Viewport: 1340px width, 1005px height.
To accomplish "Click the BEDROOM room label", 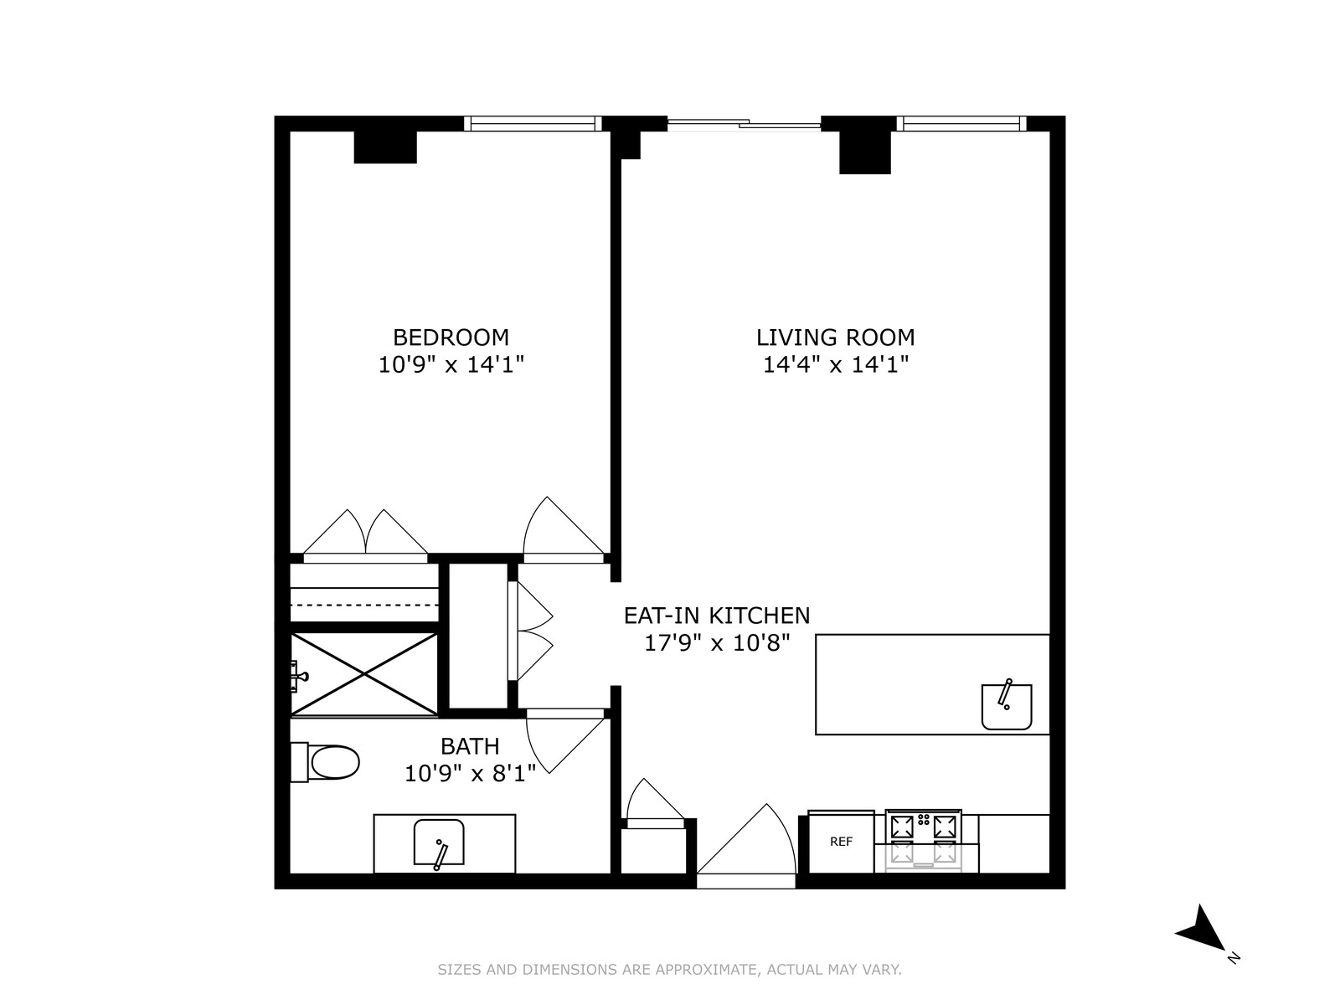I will point(451,338).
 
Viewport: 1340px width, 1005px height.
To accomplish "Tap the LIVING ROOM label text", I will point(835,338).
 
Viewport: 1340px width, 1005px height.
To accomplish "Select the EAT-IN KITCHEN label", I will point(717,616).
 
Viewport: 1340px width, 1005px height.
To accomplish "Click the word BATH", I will point(470,745).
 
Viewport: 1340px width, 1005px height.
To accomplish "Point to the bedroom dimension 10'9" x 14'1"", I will point(451,365).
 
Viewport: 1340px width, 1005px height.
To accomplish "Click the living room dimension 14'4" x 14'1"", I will point(835,365).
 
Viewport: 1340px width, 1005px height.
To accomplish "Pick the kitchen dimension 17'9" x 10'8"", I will point(717,643).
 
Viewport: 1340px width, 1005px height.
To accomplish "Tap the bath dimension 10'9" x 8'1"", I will point(470,773).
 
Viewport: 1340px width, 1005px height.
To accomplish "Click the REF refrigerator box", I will point(841,842).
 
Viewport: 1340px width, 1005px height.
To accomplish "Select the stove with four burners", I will point(924,840).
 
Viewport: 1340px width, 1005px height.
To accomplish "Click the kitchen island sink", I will point(1007,706).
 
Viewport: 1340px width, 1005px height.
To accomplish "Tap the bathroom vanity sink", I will point(439,843).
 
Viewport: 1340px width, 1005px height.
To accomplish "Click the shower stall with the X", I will point(364,674).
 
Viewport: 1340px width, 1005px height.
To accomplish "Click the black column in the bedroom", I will point(385,147).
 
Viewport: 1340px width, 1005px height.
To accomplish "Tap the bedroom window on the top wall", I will point(533,124).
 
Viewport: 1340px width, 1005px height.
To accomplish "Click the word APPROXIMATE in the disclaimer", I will point(707,970).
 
